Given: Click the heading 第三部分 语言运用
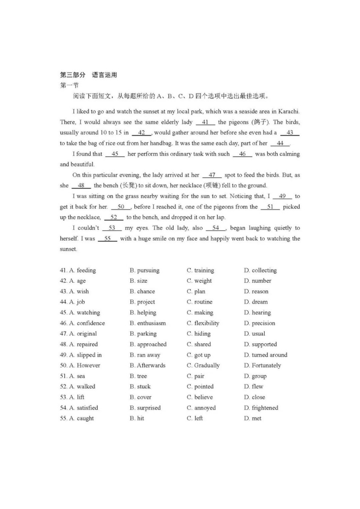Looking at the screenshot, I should [x=88, y=75].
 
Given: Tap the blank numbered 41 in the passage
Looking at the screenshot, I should [x=205, y=122].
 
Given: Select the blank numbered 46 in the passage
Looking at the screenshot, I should [x=242, y=154].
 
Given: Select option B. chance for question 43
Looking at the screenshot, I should [x=142, y=292].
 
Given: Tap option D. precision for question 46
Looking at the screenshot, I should [x=259, y=323].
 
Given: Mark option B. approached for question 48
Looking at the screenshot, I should [x=148, y=345].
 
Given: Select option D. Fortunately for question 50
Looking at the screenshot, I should [x=262, y=365].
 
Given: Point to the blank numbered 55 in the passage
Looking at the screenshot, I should [x=108, y=239].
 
